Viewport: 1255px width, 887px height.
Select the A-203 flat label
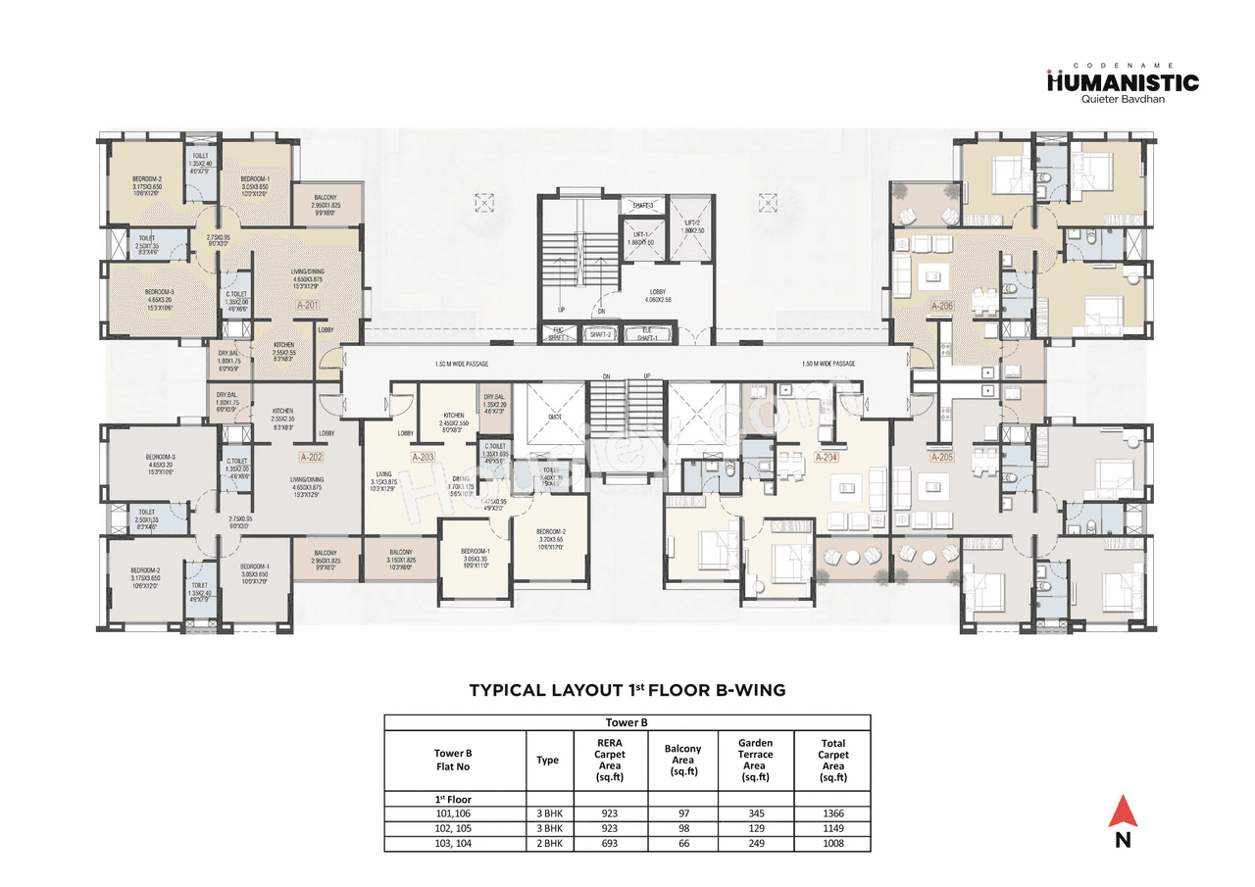(423, 457)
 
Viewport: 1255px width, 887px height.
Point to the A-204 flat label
(799, 456)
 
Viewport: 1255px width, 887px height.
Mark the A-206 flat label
(943, 307)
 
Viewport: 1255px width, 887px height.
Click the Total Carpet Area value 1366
(832, 813)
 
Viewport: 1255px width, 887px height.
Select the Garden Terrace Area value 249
(756, 843)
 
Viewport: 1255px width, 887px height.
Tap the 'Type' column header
(547, 760)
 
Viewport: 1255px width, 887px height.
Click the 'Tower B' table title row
(627, 723)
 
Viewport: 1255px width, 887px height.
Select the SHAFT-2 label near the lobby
(600, 335)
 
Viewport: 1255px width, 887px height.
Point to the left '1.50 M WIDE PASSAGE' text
(461, 364)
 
